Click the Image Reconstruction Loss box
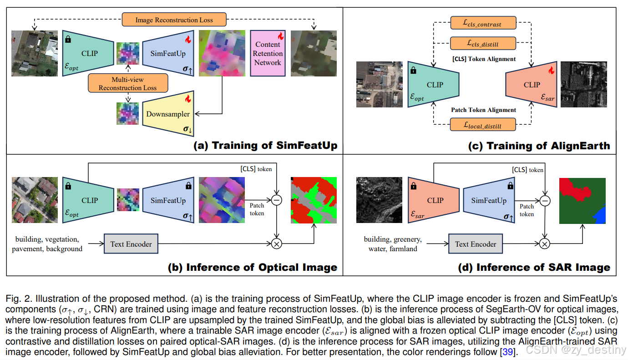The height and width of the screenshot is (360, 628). tap(174, 20)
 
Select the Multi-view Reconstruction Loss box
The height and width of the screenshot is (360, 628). tap(128, 84)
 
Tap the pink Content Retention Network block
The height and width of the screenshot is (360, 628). tap(268, 53)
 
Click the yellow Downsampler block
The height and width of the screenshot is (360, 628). tap(167, 114)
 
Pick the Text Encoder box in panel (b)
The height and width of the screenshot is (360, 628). tap(131, 244)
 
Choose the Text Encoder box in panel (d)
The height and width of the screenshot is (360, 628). tap(476, 244)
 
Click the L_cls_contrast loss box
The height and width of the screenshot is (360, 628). tap(483, 23)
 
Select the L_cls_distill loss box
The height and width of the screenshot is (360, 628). tap(483, 43)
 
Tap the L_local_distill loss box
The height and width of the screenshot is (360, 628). tap(483, 124)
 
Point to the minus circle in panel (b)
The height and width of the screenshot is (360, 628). tap(276, 200)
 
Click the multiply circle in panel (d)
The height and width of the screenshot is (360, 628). tap(544, 244)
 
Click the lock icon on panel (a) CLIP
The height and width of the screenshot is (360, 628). tap(68, 40)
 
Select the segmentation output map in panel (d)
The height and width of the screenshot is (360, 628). tap(582, 201)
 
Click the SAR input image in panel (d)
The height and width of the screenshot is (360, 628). tap(379, 200)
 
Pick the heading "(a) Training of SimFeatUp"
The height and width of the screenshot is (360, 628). tap(266, 146)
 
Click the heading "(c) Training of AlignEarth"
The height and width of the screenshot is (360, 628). tap(539, 146)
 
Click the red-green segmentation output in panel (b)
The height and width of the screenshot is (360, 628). tap(314, 200)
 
